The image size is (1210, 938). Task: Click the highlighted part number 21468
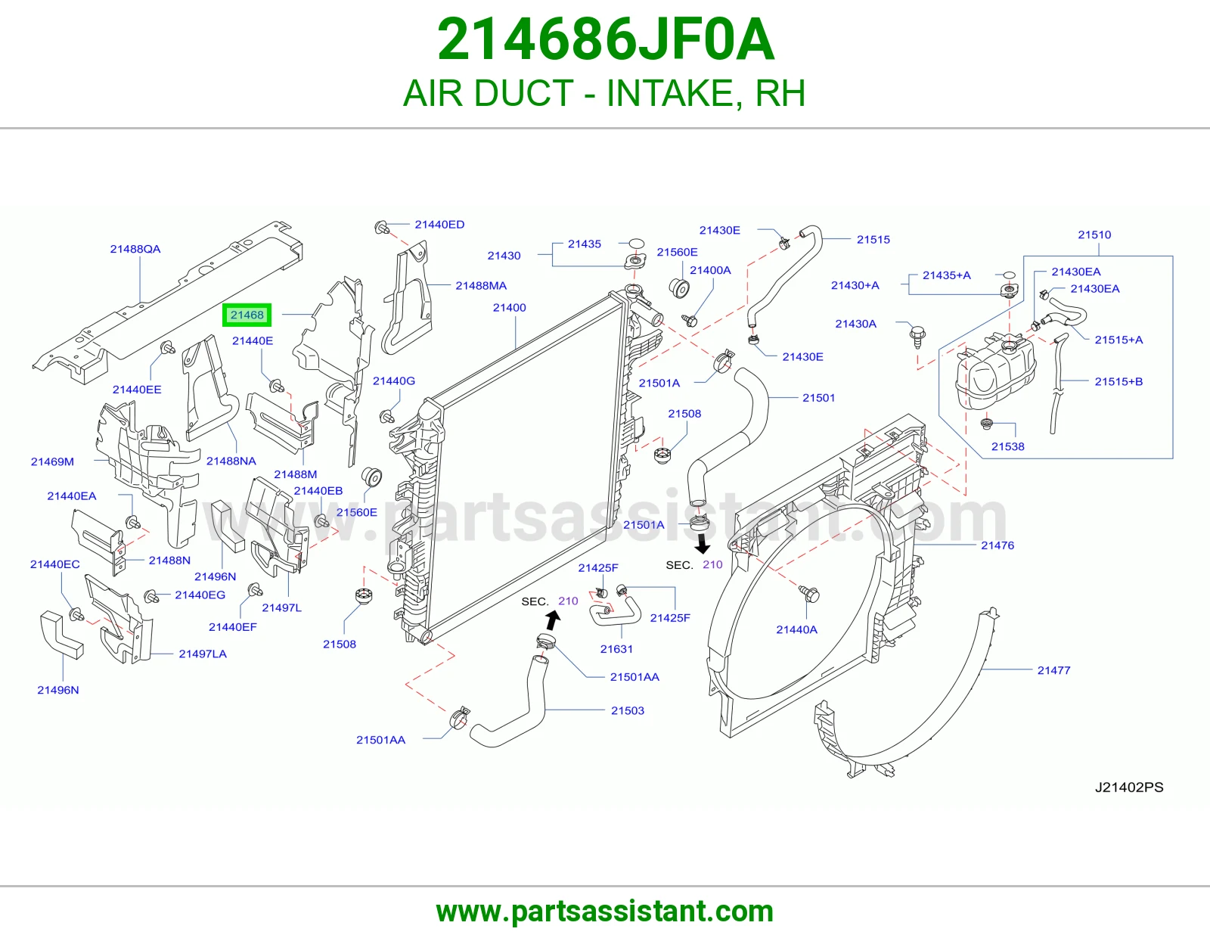click(247, 315)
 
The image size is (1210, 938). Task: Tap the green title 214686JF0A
click(605, 39)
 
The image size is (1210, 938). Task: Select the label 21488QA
click(135, 249)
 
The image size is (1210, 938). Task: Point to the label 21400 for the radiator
click(510, 307)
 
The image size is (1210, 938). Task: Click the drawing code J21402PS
click(1129, 787)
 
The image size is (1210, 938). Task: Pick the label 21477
click(1053, 670)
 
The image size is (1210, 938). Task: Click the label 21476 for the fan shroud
click(997, 545)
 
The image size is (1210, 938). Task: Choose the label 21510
click(1094, 234)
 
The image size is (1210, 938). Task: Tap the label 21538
click(1008, 446)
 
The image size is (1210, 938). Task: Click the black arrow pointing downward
click(703, 544)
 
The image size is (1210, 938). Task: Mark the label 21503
click(628, 710)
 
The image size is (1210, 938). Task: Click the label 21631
click(616, 648)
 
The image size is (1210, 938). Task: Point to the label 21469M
click(52, 461)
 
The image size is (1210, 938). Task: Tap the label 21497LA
click(203, 654)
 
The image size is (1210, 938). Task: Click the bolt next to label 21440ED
click(382, 227)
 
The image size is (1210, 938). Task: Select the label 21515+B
click(1118, 381)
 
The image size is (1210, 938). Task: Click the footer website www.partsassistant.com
click(605, 911)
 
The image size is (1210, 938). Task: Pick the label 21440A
click(797, 629)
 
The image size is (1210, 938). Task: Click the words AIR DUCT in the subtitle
click(488, 93)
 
